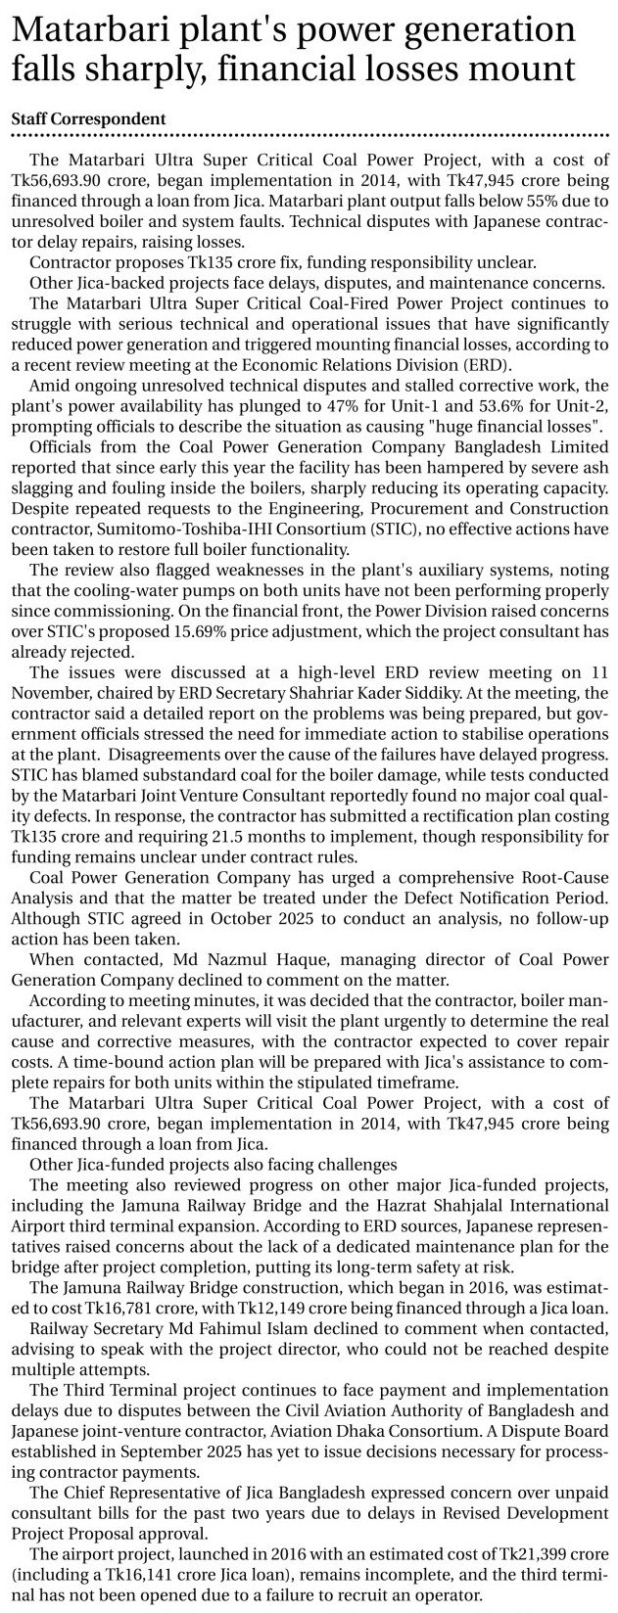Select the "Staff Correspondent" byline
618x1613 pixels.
tap(88, 118)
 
